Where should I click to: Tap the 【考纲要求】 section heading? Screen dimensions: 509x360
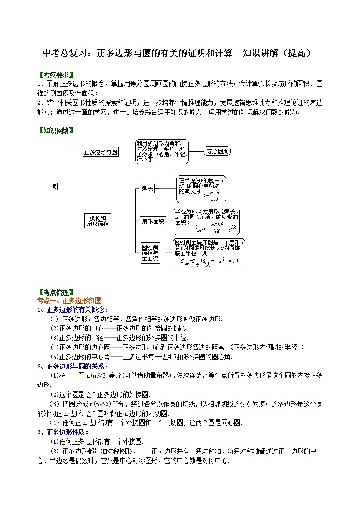pyautogui.click(x=55, y=74)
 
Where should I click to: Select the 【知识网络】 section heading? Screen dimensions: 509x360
pyautogui.click(x=55, y=131)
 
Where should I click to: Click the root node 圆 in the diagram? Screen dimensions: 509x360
pyautogui.click(x=54, y=186)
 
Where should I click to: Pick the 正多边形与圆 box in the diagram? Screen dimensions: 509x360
pyautogui.click(x=101, y=152)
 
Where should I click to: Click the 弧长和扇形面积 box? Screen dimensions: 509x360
pyautogui.click(x=97, y=221)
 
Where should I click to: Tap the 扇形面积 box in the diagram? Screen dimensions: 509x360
pyautogui.click(x=153, y=221)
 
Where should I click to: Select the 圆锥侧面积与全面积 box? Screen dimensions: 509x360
pyautogui.click(x=150, y=253)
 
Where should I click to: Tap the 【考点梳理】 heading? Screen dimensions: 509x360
pyautogui.click(x=55, y=292)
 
